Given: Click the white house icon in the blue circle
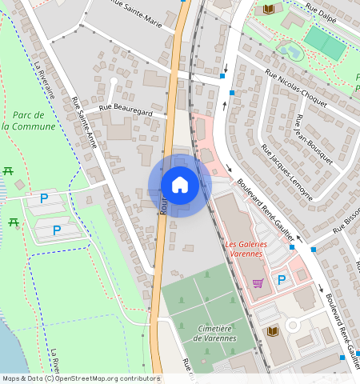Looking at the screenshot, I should pos(180,185).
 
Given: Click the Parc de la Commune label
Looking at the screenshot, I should pos(23,121).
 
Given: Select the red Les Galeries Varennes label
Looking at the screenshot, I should pos(243,249).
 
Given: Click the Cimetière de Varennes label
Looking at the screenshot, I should pos(215,333).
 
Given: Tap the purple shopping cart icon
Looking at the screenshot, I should pos(258,282).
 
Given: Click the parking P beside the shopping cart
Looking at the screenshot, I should pos(281,280).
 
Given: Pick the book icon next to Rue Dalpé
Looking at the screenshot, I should pos(269,9).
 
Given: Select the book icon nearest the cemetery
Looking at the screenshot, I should pos(272,330).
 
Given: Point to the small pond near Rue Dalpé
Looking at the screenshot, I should pos(290,51).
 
